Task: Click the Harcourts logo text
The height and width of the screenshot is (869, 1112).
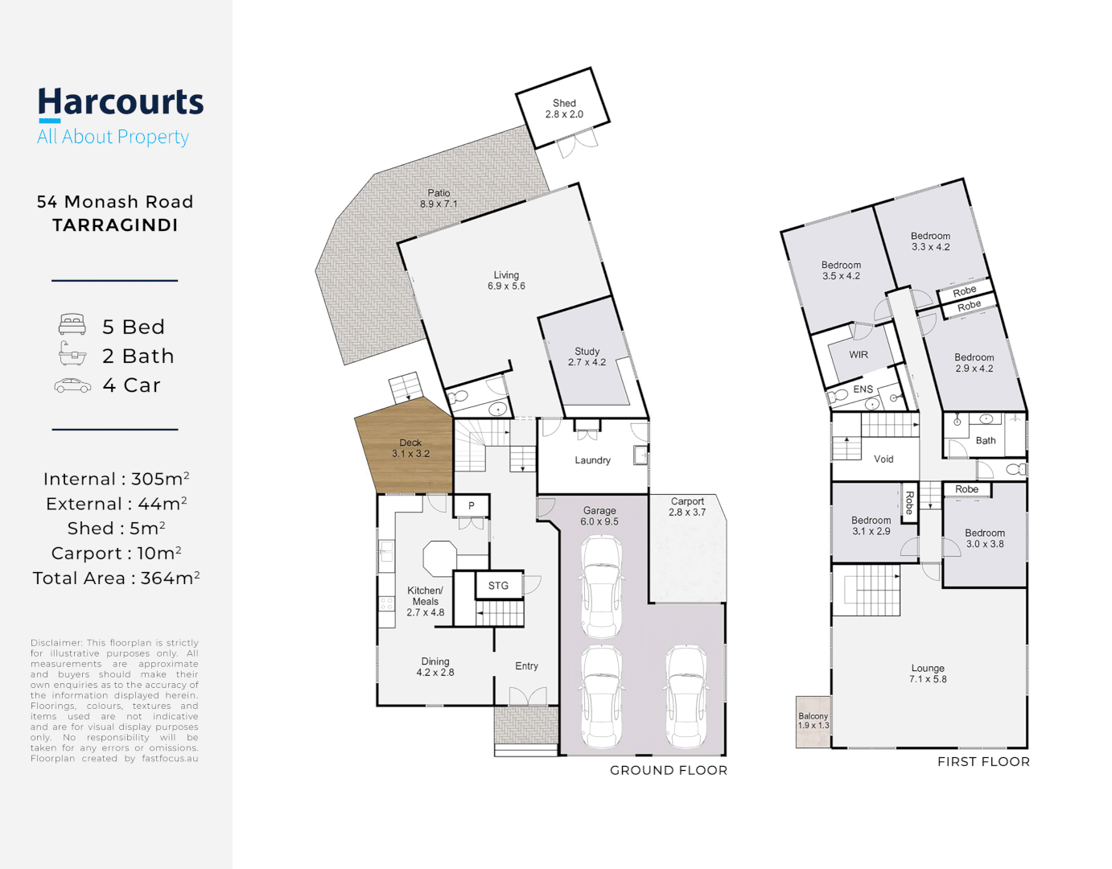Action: [x=121, y=103]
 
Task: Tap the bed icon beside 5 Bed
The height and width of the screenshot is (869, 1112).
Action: [x=72, y=325]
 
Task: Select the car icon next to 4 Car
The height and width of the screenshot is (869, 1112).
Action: [x=72, y=386]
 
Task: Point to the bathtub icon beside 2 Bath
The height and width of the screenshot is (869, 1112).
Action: [x=72, y=354]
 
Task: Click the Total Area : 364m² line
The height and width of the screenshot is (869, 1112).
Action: [x=116, y=578]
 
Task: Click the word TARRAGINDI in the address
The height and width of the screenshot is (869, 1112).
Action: [x=115, y=225]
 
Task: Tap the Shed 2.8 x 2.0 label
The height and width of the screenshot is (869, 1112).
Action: [x=564, y=109]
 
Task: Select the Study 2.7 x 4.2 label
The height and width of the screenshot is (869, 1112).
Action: [x=587, y=357]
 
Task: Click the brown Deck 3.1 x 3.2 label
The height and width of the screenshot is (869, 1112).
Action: [x=410, y=448]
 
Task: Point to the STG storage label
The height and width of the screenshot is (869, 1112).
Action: [x=498, y=586]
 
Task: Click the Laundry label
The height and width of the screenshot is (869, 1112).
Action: [x=592, y=460]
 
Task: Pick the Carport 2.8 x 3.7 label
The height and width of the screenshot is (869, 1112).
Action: [x=687, y=507]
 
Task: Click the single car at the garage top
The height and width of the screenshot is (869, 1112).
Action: [x=601, y=585]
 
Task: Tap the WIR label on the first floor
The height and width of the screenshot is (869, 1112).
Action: [x=859, y=355]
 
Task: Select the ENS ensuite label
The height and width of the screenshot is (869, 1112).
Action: [x=863, y=389]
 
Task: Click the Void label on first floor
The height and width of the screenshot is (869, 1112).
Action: [x=883, y=459]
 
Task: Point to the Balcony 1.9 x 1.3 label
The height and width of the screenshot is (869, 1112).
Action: [x=813, y=721]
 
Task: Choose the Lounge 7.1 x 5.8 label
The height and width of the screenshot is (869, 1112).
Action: [x=928, y=673]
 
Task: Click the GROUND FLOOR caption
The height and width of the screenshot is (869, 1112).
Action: [x=668, y=770]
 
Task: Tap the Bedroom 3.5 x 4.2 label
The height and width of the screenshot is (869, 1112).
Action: [x=841, y=270]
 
